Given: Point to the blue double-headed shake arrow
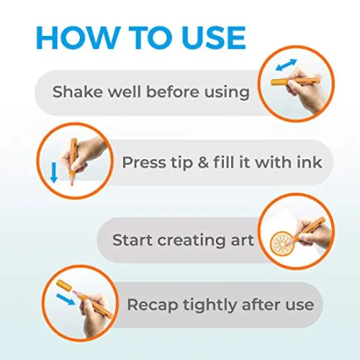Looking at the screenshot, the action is tap(286, 65).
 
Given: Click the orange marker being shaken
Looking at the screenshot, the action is tap(295, 81).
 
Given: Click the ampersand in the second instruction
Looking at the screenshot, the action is tap(203, 162).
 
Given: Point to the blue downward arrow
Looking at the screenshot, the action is tap(54, 172).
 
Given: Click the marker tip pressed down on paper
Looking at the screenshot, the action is tap(72, 181).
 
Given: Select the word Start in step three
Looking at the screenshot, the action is tap(132, 240).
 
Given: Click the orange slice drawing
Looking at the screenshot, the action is tap(282, 243).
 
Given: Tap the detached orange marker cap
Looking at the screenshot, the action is tap(64, 286).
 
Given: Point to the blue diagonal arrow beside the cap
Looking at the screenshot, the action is tap(65, 299).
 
